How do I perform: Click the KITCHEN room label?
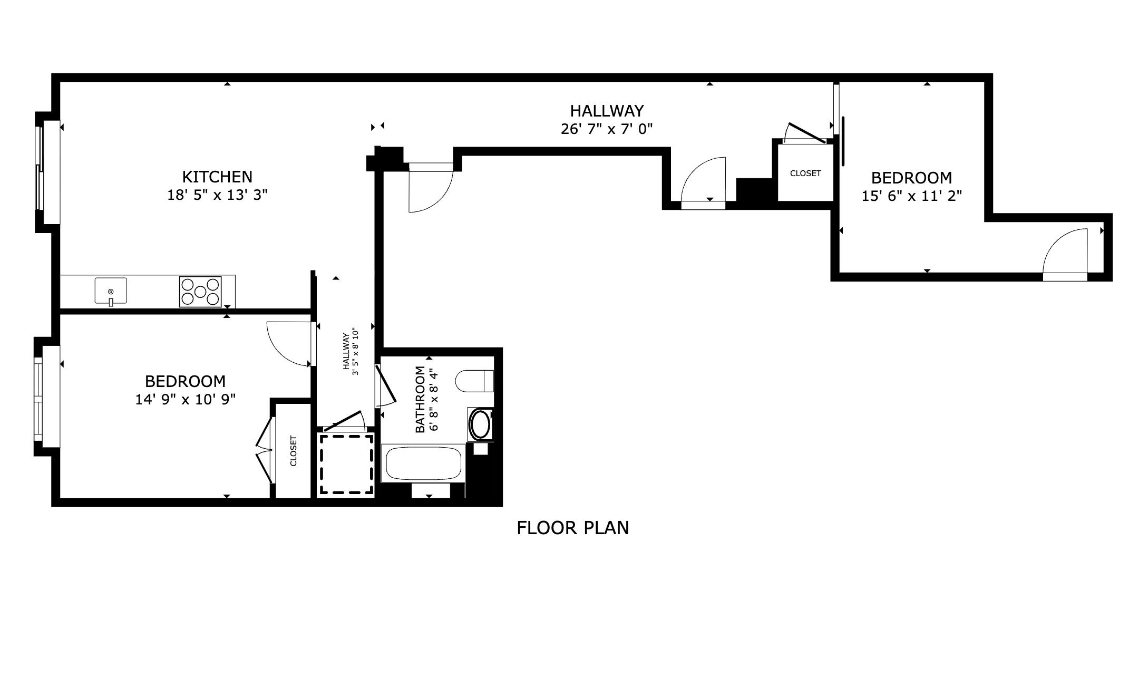tap(217, 176)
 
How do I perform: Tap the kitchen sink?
tap(111, 291)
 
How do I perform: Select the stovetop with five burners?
tap(200, 292)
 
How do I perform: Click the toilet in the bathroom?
tap(474, 381)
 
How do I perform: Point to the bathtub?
tap(424, 463)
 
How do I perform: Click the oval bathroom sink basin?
tap(480, 425)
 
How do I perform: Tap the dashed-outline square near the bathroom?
tap(346, 464)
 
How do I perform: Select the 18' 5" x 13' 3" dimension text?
tap(217, 195)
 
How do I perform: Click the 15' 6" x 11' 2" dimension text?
tap(911, 196)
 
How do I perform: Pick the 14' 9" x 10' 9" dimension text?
tap(185, 400)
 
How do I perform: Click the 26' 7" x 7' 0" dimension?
tap(607, 129)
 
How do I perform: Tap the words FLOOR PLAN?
tap(572, 528)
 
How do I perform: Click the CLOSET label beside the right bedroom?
tap(805, 173)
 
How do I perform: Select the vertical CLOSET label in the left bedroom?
tap(294, 450)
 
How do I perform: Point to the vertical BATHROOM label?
tap(420, 399)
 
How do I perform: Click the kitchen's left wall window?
tap(39, 172)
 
